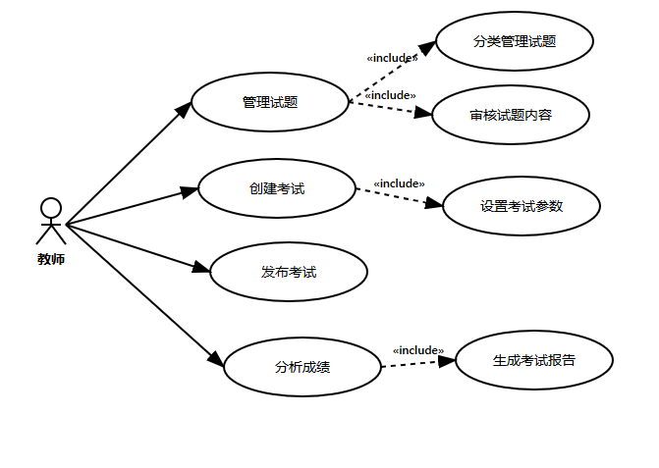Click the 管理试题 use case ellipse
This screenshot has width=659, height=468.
(270, 102)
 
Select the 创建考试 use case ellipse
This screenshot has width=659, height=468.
(277, 188)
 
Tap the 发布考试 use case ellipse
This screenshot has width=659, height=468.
(289, 272)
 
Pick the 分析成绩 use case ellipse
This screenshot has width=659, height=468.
(302, 368)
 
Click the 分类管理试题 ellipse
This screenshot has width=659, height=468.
(515, 41)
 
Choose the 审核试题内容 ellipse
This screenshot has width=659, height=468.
(511, 115)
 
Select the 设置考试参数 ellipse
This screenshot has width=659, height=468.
(522, 206)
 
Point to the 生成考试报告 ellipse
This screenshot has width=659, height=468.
(534, 360)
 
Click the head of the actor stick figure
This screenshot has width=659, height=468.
(51, 207)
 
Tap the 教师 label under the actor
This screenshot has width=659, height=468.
(51, 260)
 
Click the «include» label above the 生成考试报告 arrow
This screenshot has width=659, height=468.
(418, 350)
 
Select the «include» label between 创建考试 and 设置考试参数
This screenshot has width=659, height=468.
(399, 183)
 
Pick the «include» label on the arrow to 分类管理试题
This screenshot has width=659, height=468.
(391, 58)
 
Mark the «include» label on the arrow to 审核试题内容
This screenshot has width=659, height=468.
(390, 95)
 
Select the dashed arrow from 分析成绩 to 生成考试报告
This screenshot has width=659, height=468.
(417, 364)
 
